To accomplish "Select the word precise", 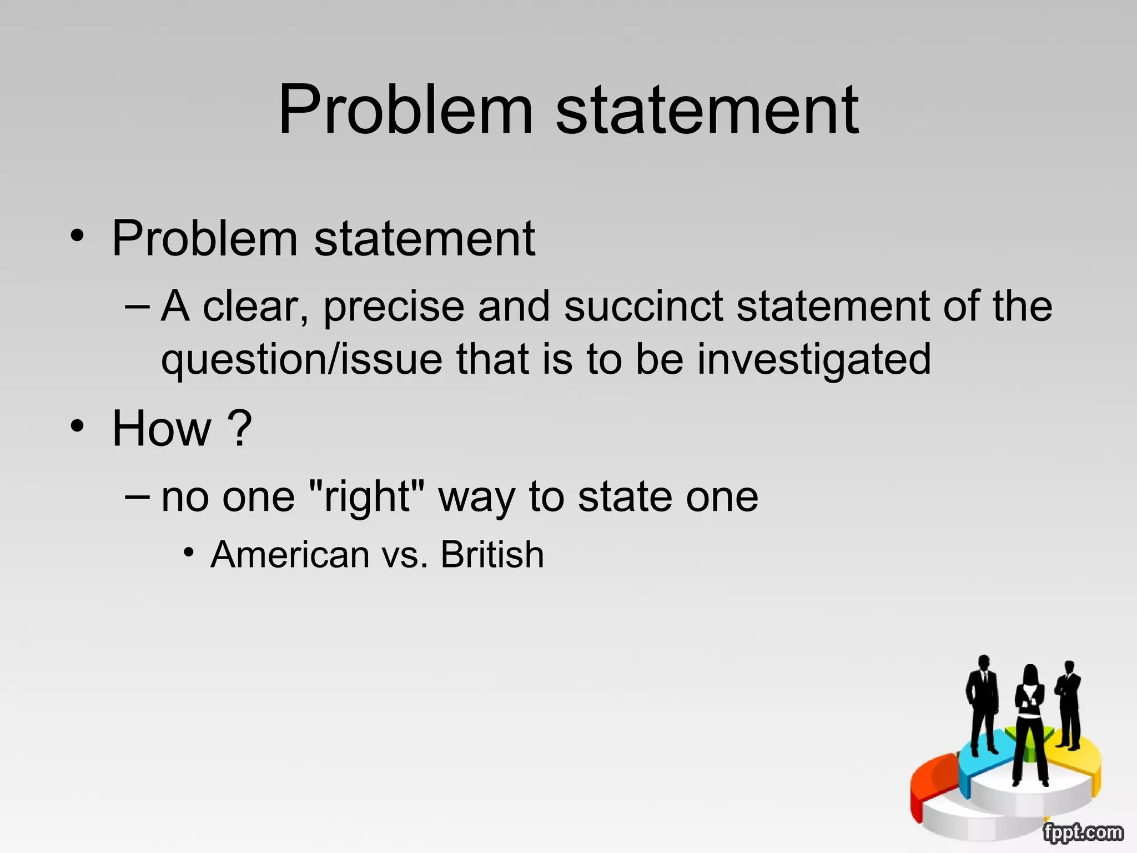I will tap(394, 307).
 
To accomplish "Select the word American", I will tap(290, 554).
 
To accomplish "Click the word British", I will tap(492, 554).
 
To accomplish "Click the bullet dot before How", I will tap(78, 426).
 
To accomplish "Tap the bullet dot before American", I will tap(190, 553).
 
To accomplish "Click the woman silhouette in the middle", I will tap(1030, 722).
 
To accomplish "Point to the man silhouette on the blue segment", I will tap(983, 703).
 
